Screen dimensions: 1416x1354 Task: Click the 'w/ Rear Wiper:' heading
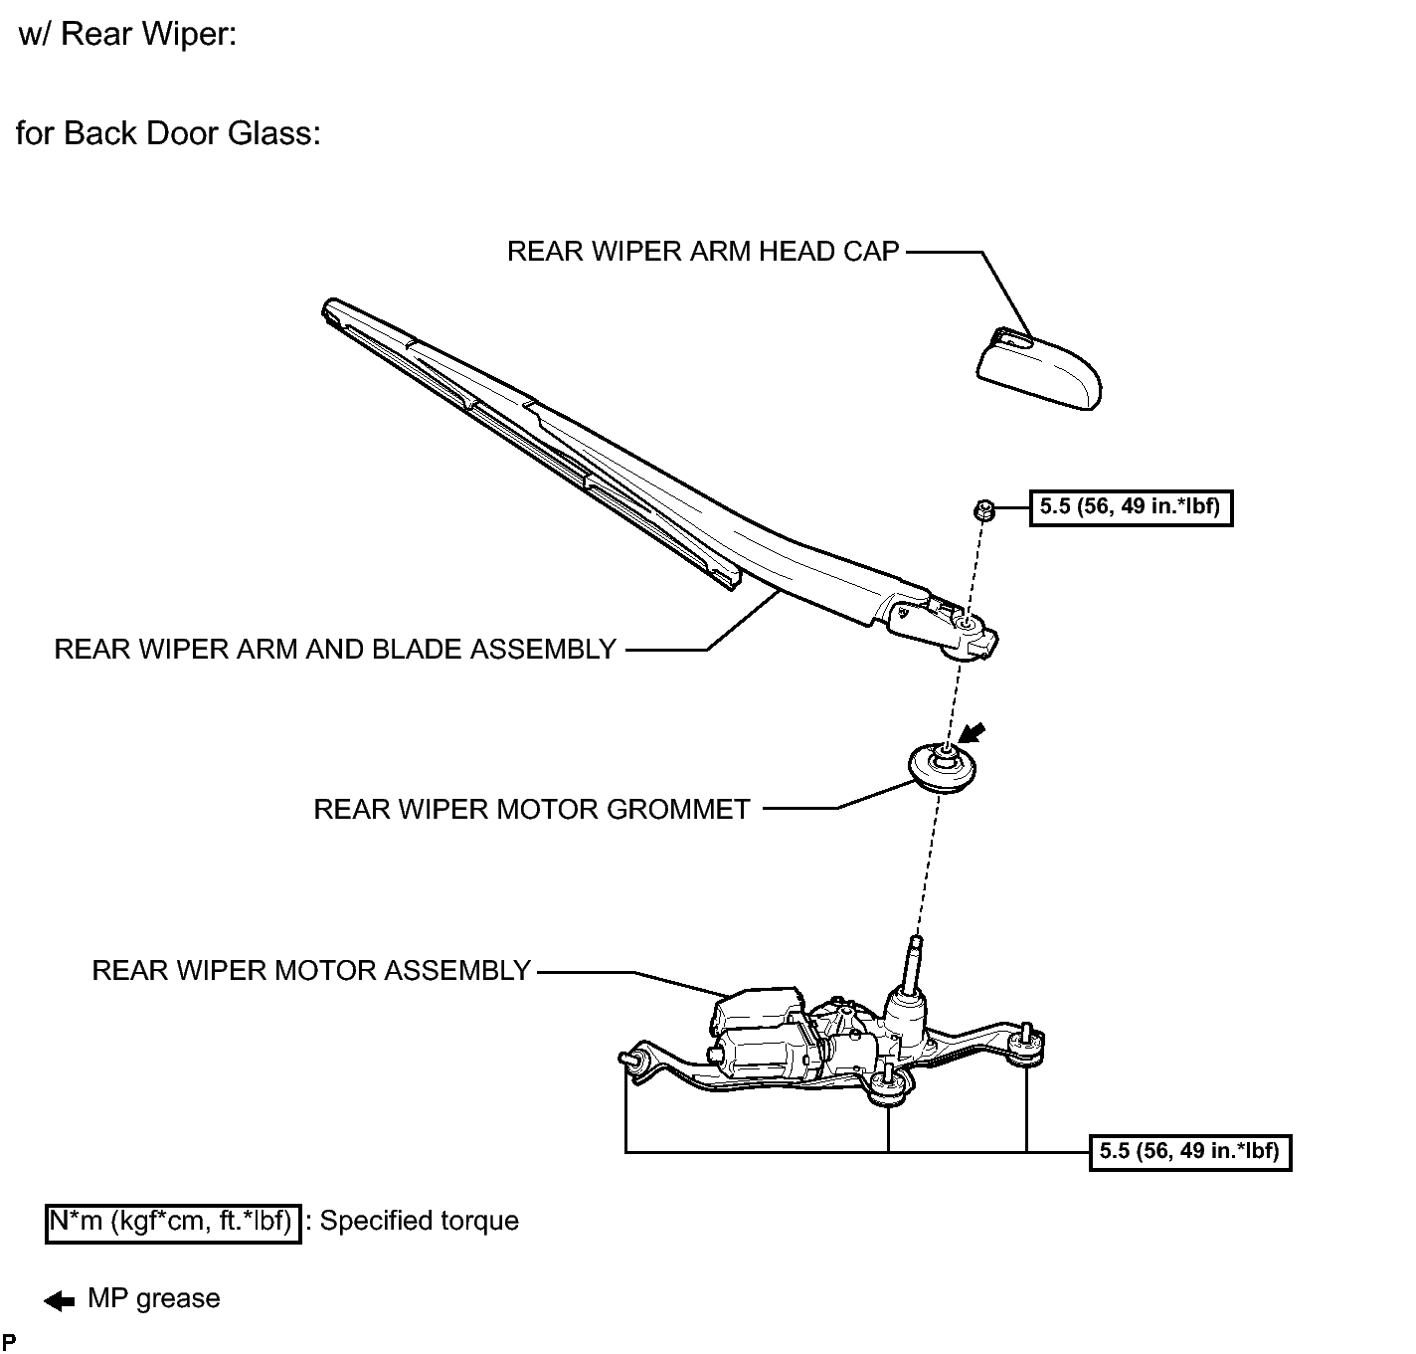point(127,34)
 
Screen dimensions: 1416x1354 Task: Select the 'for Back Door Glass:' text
point(168,133)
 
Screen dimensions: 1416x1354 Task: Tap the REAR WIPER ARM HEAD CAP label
point(703,251)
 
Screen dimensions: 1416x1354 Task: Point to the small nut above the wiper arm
point(983,509)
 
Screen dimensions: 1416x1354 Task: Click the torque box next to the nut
point(1131,507)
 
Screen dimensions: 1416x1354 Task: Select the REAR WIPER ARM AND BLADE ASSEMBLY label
point(335,649)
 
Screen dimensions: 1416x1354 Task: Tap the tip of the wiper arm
point(329,306)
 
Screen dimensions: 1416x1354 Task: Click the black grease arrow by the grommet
point(973,733)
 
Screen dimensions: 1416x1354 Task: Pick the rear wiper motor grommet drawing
point(943,767)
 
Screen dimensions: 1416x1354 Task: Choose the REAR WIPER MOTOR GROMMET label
point(531,809)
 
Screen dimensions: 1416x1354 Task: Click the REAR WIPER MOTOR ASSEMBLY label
point(311,970)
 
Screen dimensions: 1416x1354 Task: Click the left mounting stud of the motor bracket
point(629,1059)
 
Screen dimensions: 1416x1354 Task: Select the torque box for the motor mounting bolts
point(1189,1152)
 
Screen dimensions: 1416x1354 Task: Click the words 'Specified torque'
point(419,1221)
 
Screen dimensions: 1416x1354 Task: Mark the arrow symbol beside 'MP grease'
point(59,1301)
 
